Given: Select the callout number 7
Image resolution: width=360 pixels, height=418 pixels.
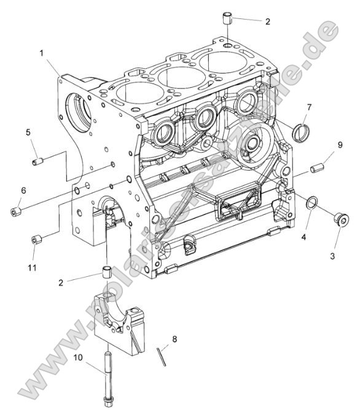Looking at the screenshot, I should [309, 107].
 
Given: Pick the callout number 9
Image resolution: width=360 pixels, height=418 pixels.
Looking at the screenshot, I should [340, 145].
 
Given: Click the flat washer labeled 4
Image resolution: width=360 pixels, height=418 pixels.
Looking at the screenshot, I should [313, 203].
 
